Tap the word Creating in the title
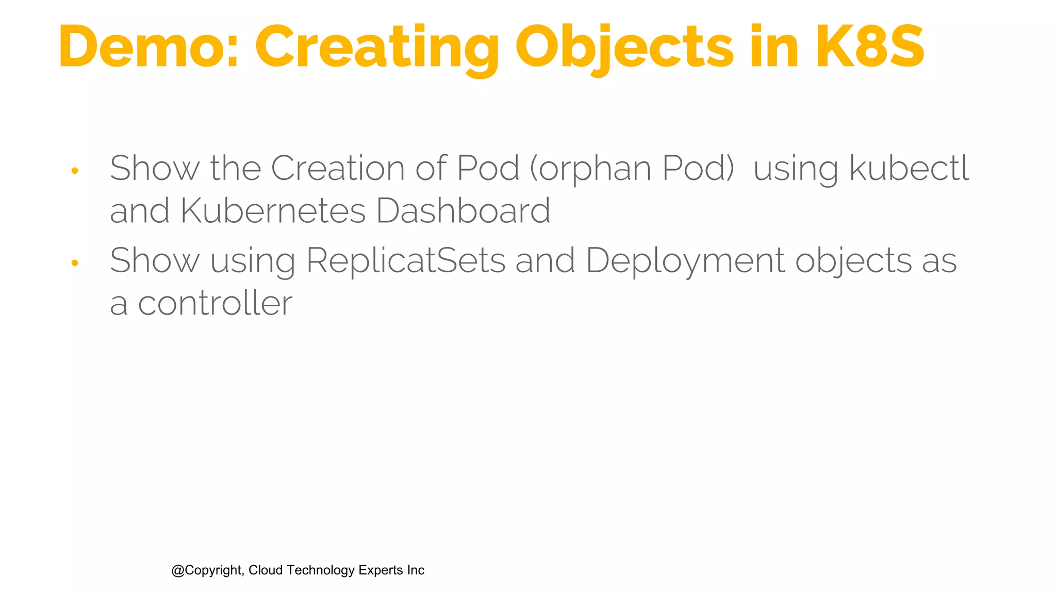pyautogui.click(x=377, y=47)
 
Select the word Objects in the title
pyautogui.click(x=624, y=47)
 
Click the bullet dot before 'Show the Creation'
pyautogui.click(x=75, y=171)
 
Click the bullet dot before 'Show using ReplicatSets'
pyautogui.click(x=75, y=263)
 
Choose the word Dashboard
pyautogui.click(x=463, y=211)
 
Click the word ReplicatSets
pyautogui.click(x=405, y=260)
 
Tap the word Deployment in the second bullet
pyautogui.click(x=685, y=261)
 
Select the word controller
pyautogui.click(x=215, y=303)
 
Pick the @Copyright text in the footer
pyautogui.click(x=207, y=570)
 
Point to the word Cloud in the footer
pyautogui.click(x=266, y=570)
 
